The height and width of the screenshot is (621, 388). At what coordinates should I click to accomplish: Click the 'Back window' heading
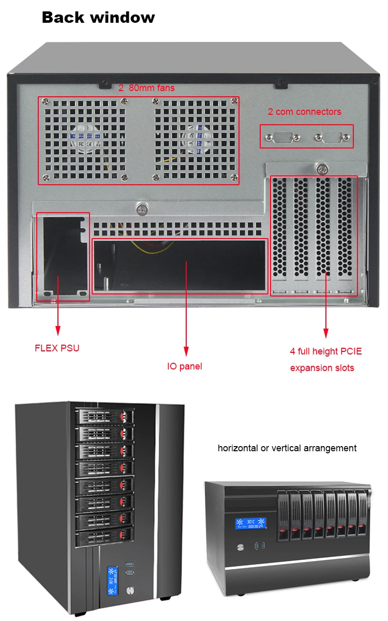(x=98, y=18)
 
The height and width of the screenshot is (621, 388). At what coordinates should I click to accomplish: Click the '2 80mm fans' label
(x=146, y=88)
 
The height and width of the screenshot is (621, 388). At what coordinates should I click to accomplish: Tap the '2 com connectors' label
(x=304, y=111)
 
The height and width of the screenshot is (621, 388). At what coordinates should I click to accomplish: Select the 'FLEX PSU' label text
(x=57, y=348)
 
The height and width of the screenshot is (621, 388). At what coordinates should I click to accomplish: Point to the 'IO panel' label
(x=184, y=366)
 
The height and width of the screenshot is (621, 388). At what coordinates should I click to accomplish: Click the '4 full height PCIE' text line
(x=326, y=351)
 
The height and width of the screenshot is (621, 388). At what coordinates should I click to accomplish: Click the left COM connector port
(x=282, y=138)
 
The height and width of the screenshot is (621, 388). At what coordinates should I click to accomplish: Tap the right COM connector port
(x=331, y=138)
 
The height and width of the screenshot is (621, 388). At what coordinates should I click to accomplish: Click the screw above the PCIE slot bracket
(x=323, y=169)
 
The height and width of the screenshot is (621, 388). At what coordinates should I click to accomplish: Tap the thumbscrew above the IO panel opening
(x=141, y=210)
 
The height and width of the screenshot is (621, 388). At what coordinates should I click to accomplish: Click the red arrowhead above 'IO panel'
(x=185, y=350)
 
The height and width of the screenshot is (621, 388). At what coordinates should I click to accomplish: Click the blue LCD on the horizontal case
(x=251, y=524)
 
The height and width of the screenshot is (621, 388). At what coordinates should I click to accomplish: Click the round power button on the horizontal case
(x=241, y=547)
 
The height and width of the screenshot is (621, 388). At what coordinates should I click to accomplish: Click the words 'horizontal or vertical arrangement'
(x=287, y=448)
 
